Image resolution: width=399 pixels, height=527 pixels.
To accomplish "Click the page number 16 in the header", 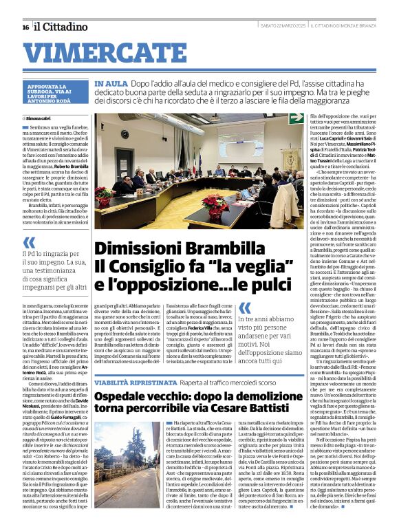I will (25, 27).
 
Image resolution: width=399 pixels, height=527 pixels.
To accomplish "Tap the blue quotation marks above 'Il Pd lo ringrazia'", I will (29, 243).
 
